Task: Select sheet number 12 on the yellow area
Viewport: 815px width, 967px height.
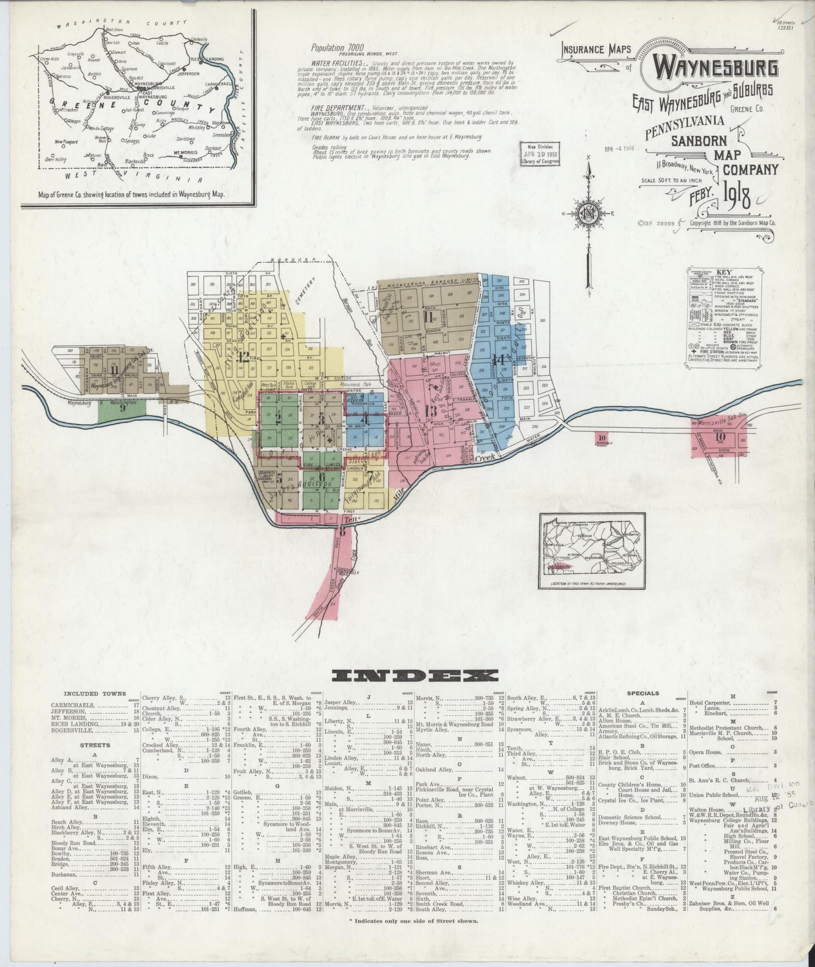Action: coord(244,357)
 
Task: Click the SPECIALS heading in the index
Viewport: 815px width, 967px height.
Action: coord(642,693)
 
